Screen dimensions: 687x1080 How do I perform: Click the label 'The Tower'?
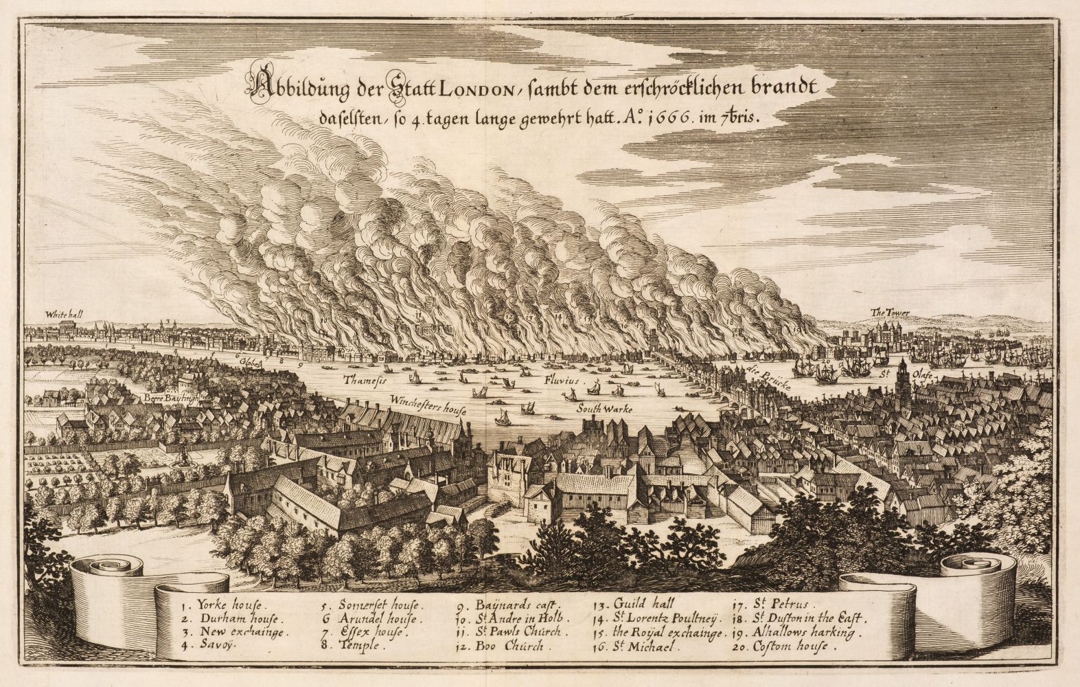[890, 313]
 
